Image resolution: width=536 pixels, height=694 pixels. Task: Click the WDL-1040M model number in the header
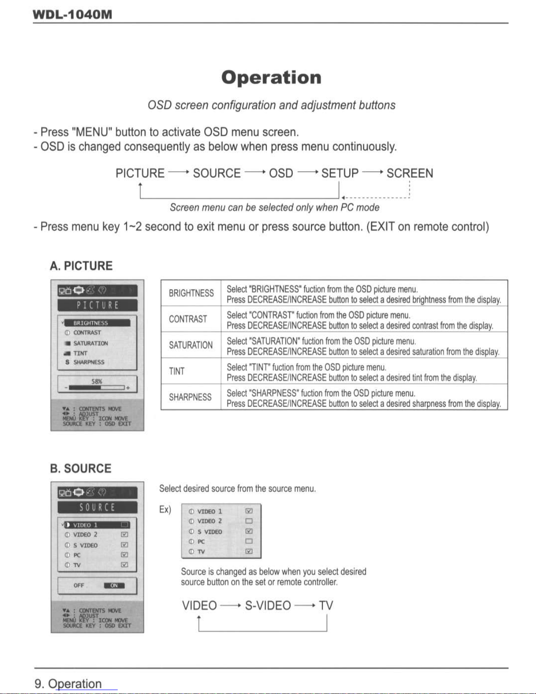tap(73, 14)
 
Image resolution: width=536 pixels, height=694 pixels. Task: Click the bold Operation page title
tap(271, 78)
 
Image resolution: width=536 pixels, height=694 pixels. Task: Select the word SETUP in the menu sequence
tap(340, 173)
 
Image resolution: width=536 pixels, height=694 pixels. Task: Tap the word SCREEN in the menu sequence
tap(410, 173)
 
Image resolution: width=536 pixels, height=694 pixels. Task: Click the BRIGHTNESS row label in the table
tap(191, 293)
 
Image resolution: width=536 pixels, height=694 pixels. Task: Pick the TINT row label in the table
tap(177, 371)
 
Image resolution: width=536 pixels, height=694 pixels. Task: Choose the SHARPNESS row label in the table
tap(190, 397)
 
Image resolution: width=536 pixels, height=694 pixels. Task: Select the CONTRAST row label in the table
tap(188, 319)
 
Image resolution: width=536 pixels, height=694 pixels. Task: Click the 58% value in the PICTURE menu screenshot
tap(97, 381)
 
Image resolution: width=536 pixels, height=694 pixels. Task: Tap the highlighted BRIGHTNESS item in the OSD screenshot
tap(96, 323)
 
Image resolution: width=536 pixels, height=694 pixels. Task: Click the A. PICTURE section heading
tap(81, 266)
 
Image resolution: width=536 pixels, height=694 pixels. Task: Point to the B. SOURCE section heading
tap(81, 469)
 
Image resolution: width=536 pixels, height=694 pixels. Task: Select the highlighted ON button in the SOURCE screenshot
tap(114, 585)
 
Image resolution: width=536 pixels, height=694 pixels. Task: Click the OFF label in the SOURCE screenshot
tap(79, 585)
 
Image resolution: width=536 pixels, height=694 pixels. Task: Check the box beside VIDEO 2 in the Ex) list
tap(249, 521)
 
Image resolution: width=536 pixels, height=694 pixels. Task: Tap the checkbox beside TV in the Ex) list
tap(249, 551)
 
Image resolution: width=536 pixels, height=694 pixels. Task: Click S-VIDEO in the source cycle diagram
tap(268, 606)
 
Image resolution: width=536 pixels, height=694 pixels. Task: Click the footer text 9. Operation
tap(68, 683)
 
